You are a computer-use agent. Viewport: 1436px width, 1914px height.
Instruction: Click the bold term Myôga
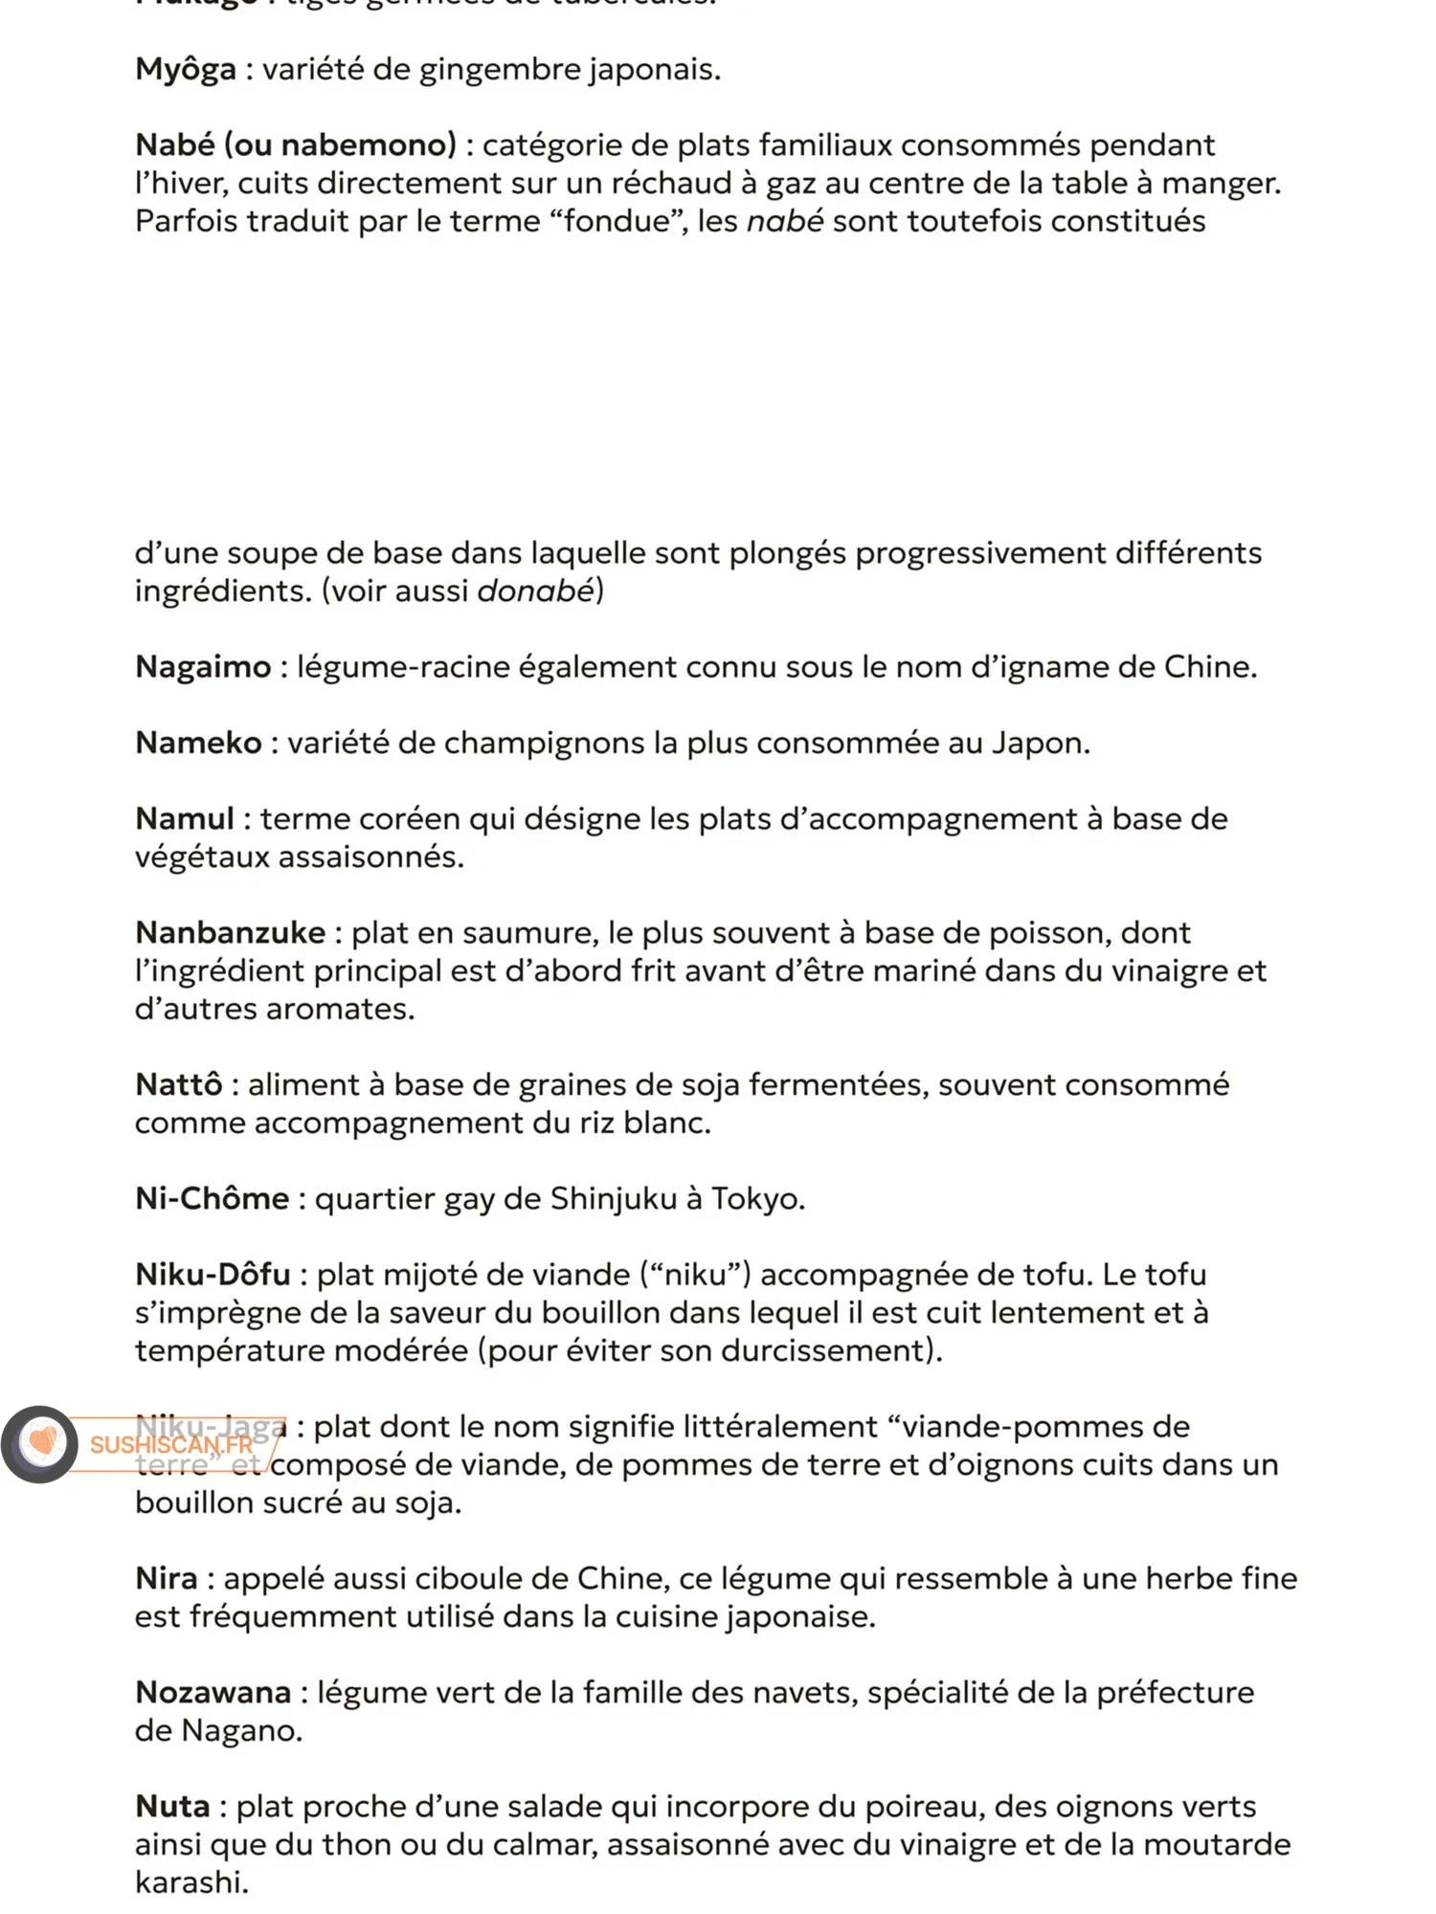(x=185, y=70)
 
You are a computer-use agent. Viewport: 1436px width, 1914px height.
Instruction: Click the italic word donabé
(x=535, y=590)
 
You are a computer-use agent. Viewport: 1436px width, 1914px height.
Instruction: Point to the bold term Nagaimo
(x=203, y=667)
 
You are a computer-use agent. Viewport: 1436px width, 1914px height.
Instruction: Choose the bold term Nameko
(x=198, y=743)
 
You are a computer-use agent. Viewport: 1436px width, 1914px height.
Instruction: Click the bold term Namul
(x=185, y=819)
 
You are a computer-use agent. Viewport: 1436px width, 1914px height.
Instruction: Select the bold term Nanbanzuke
(x=230, y=933)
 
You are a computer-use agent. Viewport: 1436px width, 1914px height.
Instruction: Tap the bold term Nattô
(x=179, y=1085)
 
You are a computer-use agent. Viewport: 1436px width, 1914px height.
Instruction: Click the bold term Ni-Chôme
(x=212, y=1199)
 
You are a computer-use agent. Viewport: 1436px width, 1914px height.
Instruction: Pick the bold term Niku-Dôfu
(x=213, y=1275)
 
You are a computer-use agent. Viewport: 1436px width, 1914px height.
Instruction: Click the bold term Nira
(x=167, y=1579)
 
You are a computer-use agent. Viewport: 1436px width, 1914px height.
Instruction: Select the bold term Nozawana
(x=213, y=1693)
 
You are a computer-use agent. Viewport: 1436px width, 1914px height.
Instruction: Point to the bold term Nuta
(x=172, y=1807)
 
